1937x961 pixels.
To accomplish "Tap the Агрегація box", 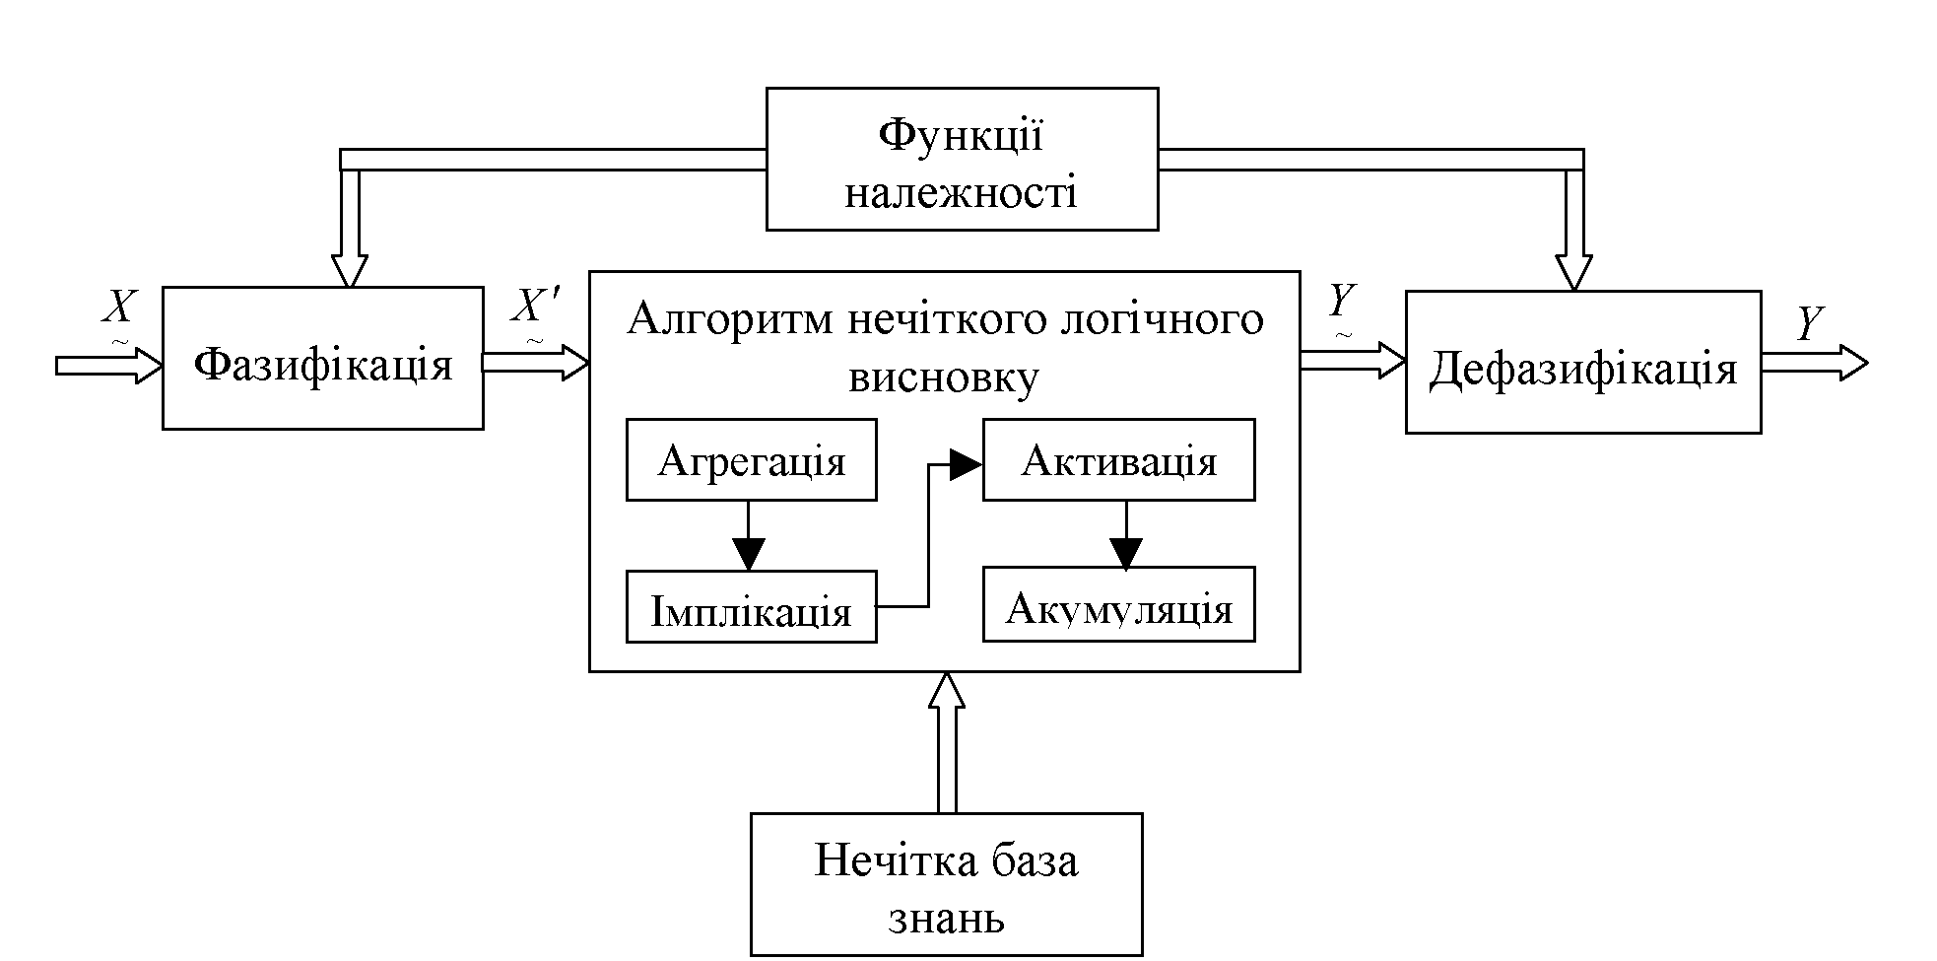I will pos(751,459).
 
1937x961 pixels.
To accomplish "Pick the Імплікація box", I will pos(751,607).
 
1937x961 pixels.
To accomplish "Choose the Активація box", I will pos(1118,459).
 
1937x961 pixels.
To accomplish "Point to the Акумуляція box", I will pos(1118,604).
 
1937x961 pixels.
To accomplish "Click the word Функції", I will pos(961,135).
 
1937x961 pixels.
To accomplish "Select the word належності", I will pos(961,191).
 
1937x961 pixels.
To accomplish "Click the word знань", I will pos(946,918).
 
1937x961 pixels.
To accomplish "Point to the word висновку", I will pos(943,378).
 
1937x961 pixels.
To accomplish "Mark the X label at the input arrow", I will pos(118,308).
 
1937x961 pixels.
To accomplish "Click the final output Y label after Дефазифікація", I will pos(1809,322).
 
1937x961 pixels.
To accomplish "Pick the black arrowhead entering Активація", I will pos(966,464).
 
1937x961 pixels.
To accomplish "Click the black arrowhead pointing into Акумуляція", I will pos(1126,553).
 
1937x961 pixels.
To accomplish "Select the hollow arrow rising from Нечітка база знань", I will pos(946,739).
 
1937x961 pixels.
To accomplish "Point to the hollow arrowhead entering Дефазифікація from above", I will pos(1573,271).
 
